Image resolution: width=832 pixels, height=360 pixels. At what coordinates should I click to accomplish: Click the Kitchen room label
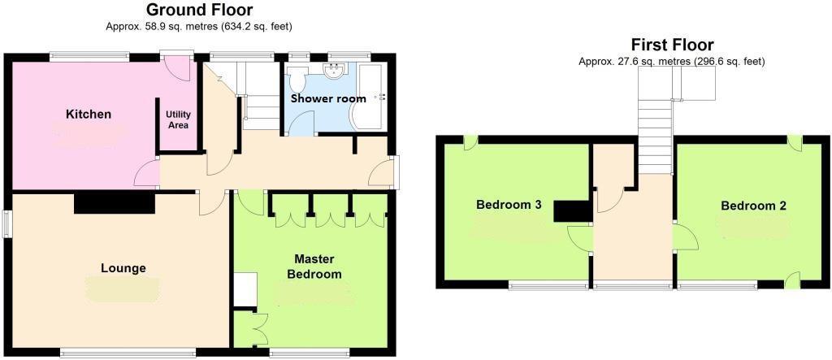[x=89, y=114]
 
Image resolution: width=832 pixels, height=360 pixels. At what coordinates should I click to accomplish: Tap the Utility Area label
[x=178, y=119]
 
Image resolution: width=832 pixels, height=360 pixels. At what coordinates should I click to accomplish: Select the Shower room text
[x=328, y=98]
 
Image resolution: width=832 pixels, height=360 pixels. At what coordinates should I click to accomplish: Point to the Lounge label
[x=123, y=268]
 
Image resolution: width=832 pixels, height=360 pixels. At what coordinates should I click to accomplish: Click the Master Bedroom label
[x=314, y=267]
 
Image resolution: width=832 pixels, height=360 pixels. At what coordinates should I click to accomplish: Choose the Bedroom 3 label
[x=509, y=205]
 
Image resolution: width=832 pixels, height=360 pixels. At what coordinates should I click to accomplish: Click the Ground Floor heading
[x=199, y=11]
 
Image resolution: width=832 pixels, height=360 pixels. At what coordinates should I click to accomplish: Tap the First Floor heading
[x=672, y=45]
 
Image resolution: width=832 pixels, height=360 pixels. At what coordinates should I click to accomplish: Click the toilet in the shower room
[x=297, y=80]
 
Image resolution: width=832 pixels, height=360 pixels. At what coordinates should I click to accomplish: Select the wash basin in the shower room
[x=333, y=71]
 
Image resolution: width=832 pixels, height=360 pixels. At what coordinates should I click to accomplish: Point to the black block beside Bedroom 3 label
[x=571, y=211]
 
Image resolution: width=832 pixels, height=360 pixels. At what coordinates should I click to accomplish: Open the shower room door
[x=302, y=124]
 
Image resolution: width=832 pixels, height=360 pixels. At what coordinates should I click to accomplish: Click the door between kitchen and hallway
[x=146, y=172]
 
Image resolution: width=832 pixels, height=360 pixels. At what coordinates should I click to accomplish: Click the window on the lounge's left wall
[x=6, y=225]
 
